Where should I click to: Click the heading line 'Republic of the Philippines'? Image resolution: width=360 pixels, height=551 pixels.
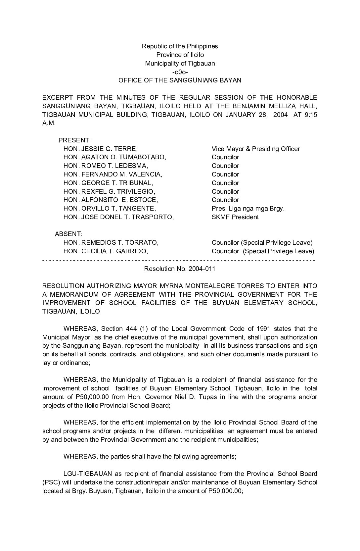pos(180,46)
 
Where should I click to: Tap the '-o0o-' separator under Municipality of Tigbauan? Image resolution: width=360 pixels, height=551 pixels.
pos(180,72)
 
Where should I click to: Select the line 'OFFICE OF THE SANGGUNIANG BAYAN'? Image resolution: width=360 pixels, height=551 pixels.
pos(180,80)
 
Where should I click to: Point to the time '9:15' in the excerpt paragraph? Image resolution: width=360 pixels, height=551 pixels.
pos(310,115)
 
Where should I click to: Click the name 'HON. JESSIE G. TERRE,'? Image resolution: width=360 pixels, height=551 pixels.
pos(101,149)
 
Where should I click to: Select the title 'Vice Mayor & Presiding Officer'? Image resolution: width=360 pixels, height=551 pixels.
pos(256,149)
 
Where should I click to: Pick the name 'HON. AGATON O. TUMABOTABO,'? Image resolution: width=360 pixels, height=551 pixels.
pos(115,157)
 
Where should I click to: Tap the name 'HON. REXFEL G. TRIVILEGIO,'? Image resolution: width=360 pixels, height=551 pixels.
pos(109,191)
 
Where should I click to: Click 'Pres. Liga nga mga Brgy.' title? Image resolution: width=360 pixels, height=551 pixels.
pos(248,209)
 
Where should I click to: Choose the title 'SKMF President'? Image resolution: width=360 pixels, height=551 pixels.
pos(235,217)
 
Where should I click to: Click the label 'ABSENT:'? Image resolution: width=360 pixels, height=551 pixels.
pos(68,234)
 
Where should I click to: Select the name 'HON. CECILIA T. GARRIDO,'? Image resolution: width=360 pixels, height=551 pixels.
pos(106,251)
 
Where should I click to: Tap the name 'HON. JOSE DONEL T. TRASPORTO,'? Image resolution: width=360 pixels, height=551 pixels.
pos(118,217)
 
